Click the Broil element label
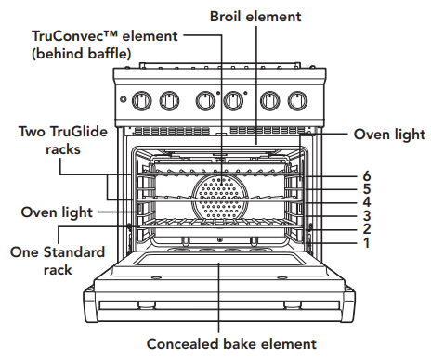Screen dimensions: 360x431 click(255, 17)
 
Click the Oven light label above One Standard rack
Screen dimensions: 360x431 click(57, 212)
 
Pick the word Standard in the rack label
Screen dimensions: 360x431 click(73, 251)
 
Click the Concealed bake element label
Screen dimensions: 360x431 click(218, 344)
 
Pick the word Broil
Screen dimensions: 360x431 click(229, 17)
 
